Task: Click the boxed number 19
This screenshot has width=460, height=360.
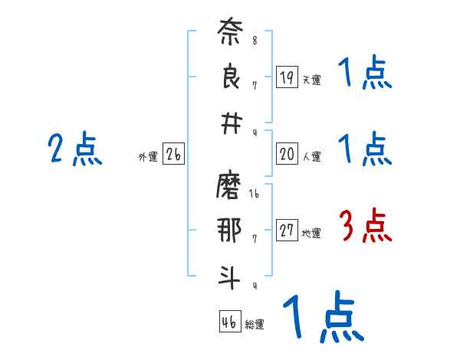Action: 287,77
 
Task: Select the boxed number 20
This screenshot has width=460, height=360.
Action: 287,154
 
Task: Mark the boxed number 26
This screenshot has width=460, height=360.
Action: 173,155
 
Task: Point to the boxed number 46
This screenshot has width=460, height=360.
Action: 229,322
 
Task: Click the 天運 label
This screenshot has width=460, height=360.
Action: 311,80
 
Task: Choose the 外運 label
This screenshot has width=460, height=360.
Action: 147,157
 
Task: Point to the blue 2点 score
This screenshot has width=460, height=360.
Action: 75,149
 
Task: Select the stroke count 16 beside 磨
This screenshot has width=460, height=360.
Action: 255,195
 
